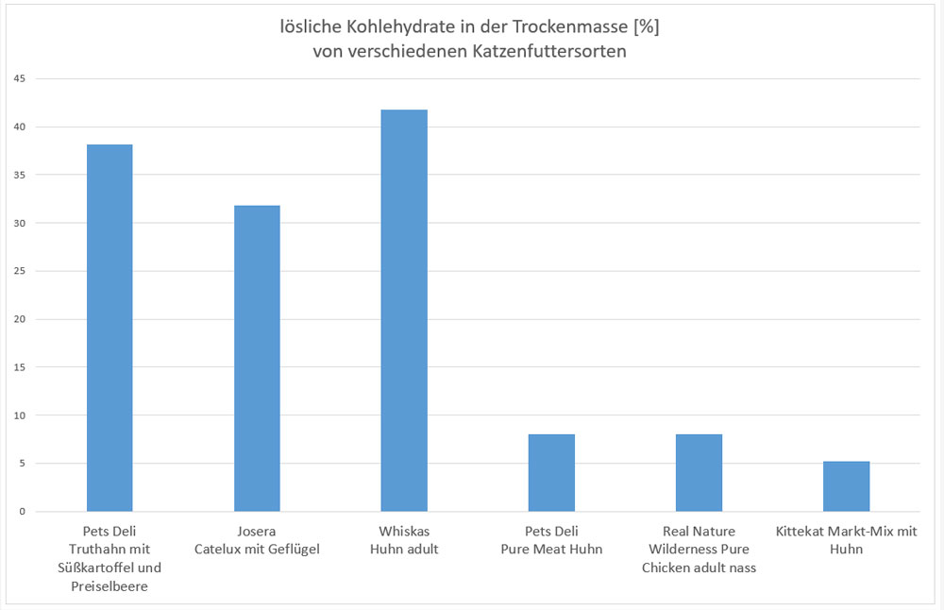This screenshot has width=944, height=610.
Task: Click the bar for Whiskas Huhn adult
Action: pyautogui.click(x=404, y=311)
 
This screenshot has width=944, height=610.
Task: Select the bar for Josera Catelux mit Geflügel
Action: pyautogui.click(x=257, y=359)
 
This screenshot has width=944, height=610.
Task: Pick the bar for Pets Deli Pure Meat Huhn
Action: pyautogui.click(x=551, y=473)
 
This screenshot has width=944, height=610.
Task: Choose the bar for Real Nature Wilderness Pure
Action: pyautogui.click(x=699, y=473)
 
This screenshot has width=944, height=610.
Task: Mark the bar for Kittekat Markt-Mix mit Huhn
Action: pyautogui.click(x=846, y=486)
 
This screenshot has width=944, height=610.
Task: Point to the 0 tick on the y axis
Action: pyautogui.click(x=22, y=512)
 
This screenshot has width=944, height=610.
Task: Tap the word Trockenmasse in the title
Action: pyautogui.click(x=571, y=27)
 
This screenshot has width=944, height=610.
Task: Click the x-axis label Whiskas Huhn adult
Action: pyautogui.click(x=404, y=540)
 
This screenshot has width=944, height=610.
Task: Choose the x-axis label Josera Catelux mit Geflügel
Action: pyautogui.click(x=257, y=540)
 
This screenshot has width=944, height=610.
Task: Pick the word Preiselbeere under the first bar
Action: pyautogui.click(x=110, y=585)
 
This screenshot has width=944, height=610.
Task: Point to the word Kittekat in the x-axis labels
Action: pyautogui.click(x=801, y=532)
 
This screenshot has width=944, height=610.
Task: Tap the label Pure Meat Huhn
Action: pyautogui.click(x=551, y=550)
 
